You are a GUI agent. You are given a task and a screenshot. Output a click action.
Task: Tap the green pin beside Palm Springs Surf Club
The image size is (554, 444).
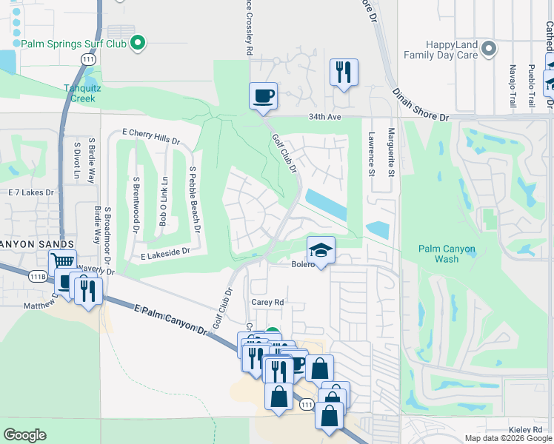tap(136, 43)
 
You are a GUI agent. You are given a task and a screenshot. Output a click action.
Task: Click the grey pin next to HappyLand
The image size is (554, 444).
tap(488, 50)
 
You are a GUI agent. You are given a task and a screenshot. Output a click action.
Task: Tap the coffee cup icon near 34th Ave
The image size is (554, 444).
tap(263, 96)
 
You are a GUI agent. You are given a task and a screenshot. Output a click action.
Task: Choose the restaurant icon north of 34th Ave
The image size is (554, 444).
tap(343, 73)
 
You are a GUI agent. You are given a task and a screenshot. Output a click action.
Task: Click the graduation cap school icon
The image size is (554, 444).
tap(321, 250)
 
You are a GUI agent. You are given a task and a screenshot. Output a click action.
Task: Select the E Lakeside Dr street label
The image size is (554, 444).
tap(165, 252)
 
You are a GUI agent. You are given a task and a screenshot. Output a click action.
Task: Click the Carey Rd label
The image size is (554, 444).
tap(267, 303)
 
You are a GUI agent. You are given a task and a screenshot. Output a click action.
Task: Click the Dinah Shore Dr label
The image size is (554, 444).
tap(420, 103)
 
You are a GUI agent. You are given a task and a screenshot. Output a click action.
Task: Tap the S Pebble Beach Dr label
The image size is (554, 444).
tap(193, 199)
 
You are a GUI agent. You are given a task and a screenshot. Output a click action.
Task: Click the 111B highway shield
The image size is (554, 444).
tap(39, 276)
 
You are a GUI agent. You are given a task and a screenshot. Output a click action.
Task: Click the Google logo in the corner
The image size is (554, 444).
tap(24, 435)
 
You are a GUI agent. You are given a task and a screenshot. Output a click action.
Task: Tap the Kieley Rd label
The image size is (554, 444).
tap(526, 430)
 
